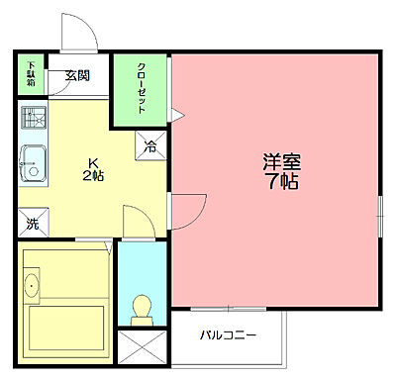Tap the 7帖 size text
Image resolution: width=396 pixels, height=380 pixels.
click(281, 184)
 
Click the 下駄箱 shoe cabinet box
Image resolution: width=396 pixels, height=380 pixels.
click(31, 75)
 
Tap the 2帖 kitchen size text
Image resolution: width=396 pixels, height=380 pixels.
click(93, 175)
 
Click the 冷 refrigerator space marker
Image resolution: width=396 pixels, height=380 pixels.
click(151, 145)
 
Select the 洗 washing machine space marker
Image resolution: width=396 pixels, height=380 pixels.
click(32, 225)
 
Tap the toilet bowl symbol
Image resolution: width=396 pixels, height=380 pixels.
click(141, 308)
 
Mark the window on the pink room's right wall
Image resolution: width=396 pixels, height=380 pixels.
click(380, 216)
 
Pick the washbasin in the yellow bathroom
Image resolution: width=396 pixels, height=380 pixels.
click(31, 288)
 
